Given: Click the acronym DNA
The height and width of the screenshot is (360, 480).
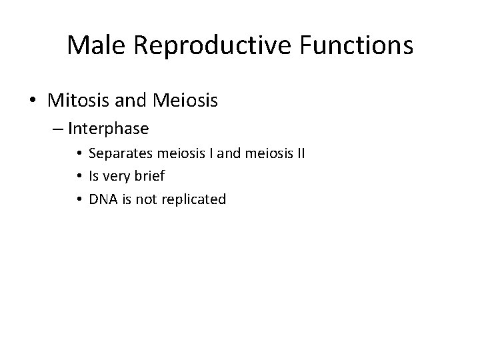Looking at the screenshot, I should pyautogui.click(x=101, y=199).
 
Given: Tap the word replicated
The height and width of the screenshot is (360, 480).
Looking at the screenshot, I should pyautogui.click(x=193, y=199).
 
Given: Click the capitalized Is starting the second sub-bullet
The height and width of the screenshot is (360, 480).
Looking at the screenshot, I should pyautogui.click(x=93, y=176).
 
